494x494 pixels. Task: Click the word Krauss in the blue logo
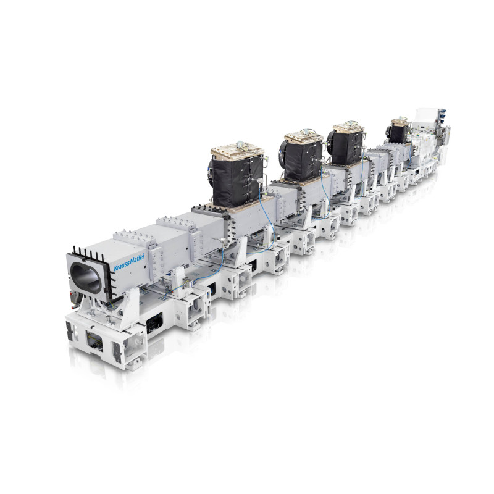pyautogui.click(x=121, y=266)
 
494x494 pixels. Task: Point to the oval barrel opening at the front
pyautogui.click(x=86, y=278)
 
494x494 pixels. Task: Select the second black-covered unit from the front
pyautogui.click(x=303, y=160)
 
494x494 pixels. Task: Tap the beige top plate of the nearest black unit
pyautogui.click(x=237, y=150)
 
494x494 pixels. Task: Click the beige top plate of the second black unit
pyautogui.click(x=304, y=137)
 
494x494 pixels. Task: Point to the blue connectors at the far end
pyautogui.click(x=442, y=116)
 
